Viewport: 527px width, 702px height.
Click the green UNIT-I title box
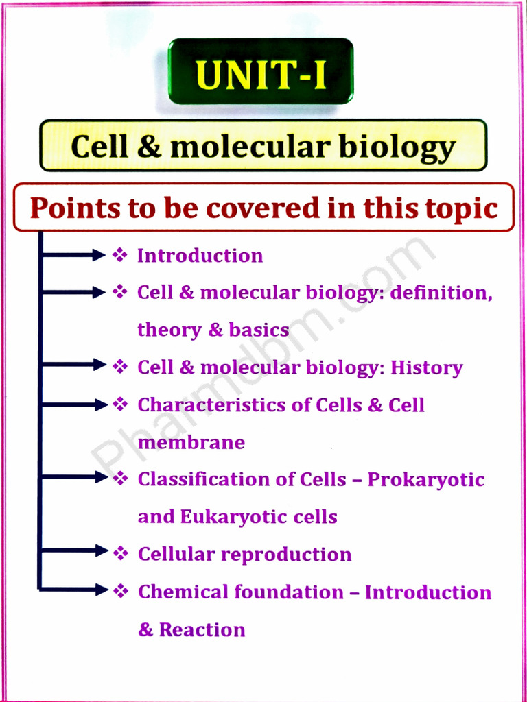[x=261, y=71]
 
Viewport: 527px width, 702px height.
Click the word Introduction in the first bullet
[x=200, y=256]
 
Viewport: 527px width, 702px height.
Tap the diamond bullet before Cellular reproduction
[x=120, y=552]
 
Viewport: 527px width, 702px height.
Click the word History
[x=426, y=367]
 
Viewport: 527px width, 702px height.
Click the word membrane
[x=191, y=442]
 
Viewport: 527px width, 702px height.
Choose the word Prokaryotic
[x=425, y=479]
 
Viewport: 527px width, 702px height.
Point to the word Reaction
[x=202, y=629]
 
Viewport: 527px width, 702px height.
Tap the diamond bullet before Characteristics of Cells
[x=120, y=404]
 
